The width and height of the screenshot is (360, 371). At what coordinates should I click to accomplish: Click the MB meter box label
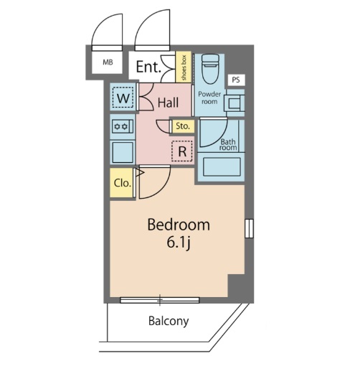coord(108,62)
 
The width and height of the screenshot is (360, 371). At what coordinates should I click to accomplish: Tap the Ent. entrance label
coord(148,67)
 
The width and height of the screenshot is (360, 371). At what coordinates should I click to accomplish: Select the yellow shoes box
coord(184,67)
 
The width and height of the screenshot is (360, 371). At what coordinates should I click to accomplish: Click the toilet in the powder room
coord(210,69)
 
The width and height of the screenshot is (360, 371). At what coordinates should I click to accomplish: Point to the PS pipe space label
coord(236,80)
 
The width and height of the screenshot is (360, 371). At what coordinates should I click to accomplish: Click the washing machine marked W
coord(123,98)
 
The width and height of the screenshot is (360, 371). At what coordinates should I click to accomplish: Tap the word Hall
coord(168,103)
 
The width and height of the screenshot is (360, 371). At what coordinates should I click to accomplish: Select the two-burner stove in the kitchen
coord(123,126)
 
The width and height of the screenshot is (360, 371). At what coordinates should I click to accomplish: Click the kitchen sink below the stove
coord(123,153)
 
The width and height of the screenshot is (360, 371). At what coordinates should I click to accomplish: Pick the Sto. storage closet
coord(183,126)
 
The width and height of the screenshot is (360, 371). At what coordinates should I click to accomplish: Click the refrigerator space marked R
coord(182,151)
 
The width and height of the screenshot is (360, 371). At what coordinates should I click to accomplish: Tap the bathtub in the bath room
coord(222,166)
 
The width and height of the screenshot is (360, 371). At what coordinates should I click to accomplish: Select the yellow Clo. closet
coord(121,183)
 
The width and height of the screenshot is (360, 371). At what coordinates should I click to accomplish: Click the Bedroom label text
coord(179,225)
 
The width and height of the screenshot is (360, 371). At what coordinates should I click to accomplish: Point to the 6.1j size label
coord(179,243)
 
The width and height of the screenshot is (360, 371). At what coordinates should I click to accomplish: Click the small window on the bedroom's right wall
coord(249,228)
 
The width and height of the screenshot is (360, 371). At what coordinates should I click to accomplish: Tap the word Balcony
coord(169,321)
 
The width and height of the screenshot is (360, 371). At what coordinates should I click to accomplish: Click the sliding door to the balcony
coord(160,300)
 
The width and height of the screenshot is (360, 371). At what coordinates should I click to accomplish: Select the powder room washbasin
coord(235,103)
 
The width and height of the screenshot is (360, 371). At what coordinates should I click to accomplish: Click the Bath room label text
coord(228,145)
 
